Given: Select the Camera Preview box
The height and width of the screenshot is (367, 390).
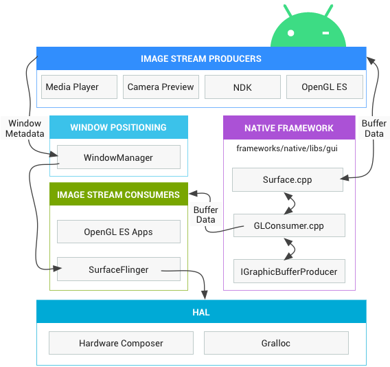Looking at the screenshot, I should click(x=161, y=87).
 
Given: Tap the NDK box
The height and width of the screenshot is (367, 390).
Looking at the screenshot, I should click(x=242, y=87).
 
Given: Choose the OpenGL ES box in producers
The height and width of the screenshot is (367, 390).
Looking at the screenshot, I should click(x=324, y=87).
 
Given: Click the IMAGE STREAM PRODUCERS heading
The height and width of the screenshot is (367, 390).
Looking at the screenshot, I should click(x=200, y=58).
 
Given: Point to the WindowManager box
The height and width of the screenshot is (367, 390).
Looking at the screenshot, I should click(x=118, y=157).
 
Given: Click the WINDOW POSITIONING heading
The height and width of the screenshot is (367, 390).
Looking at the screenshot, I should click(x=118, y=127).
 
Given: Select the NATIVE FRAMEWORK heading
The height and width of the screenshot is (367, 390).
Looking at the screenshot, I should click(x=288, y=128).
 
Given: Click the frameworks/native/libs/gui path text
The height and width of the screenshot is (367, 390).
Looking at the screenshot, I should click(x=286, y=148).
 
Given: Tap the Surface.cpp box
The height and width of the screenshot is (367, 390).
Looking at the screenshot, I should click(x=287, y=181).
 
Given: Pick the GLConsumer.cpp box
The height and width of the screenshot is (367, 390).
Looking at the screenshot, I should click(x=288, y=225).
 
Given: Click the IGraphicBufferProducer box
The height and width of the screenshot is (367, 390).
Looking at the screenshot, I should click(x=288, y=271).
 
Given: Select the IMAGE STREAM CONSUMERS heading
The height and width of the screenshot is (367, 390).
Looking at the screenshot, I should click(x=118, y=194).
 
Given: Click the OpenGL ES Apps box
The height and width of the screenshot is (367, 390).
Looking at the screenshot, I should click(x=118, y=232).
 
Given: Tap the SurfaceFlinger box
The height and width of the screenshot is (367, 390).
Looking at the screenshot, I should click(x=118, y=269).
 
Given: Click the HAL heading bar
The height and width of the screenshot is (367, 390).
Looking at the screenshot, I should click(x=200, y=312).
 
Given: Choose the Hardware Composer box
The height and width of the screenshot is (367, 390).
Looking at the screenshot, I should click(x=121, y=343).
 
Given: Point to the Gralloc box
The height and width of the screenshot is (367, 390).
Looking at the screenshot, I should click(x=276, y=343).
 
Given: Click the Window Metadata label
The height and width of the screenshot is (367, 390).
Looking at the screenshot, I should click(x=25, y=129).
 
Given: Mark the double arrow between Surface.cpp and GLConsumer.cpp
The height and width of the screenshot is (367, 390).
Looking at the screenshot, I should click(x=290, y=203).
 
